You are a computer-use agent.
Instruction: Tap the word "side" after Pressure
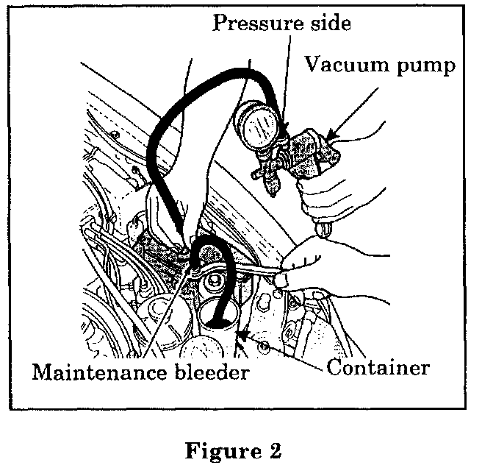tap(328, 23)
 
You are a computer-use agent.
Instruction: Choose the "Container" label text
tap(378, 366)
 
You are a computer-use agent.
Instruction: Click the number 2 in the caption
tap(275, 450)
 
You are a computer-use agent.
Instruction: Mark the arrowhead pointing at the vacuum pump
tap(331, 138)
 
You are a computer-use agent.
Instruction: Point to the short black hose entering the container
tap(225, 287)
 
